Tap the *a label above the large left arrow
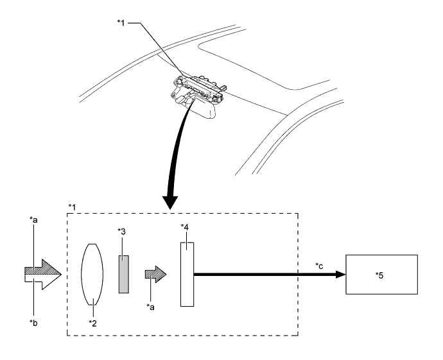[33, 219]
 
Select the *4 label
[186, 227]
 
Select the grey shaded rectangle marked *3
[125, 274]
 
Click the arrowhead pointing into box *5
[338, 274]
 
